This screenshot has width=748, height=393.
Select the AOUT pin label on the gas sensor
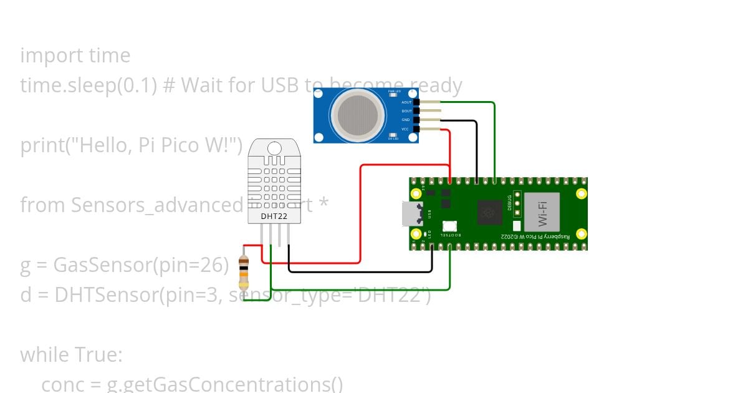click(x=406, y=102)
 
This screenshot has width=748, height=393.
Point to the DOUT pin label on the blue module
click(x=406, y=110)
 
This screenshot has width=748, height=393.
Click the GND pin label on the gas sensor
click(x=406, y=119)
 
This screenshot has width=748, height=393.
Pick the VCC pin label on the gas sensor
click(x=406, y=129)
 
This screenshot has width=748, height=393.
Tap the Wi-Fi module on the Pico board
click(x=541, y=213)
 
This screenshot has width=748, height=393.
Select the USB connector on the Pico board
click(x=412, y=214)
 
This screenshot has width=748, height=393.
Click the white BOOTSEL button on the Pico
click(x=449, y=226)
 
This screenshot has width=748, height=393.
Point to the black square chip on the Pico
click(x=490, y=213)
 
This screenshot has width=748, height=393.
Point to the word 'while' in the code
click(x=46, y=355)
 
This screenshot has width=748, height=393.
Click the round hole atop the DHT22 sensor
click(x=274, y=148)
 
